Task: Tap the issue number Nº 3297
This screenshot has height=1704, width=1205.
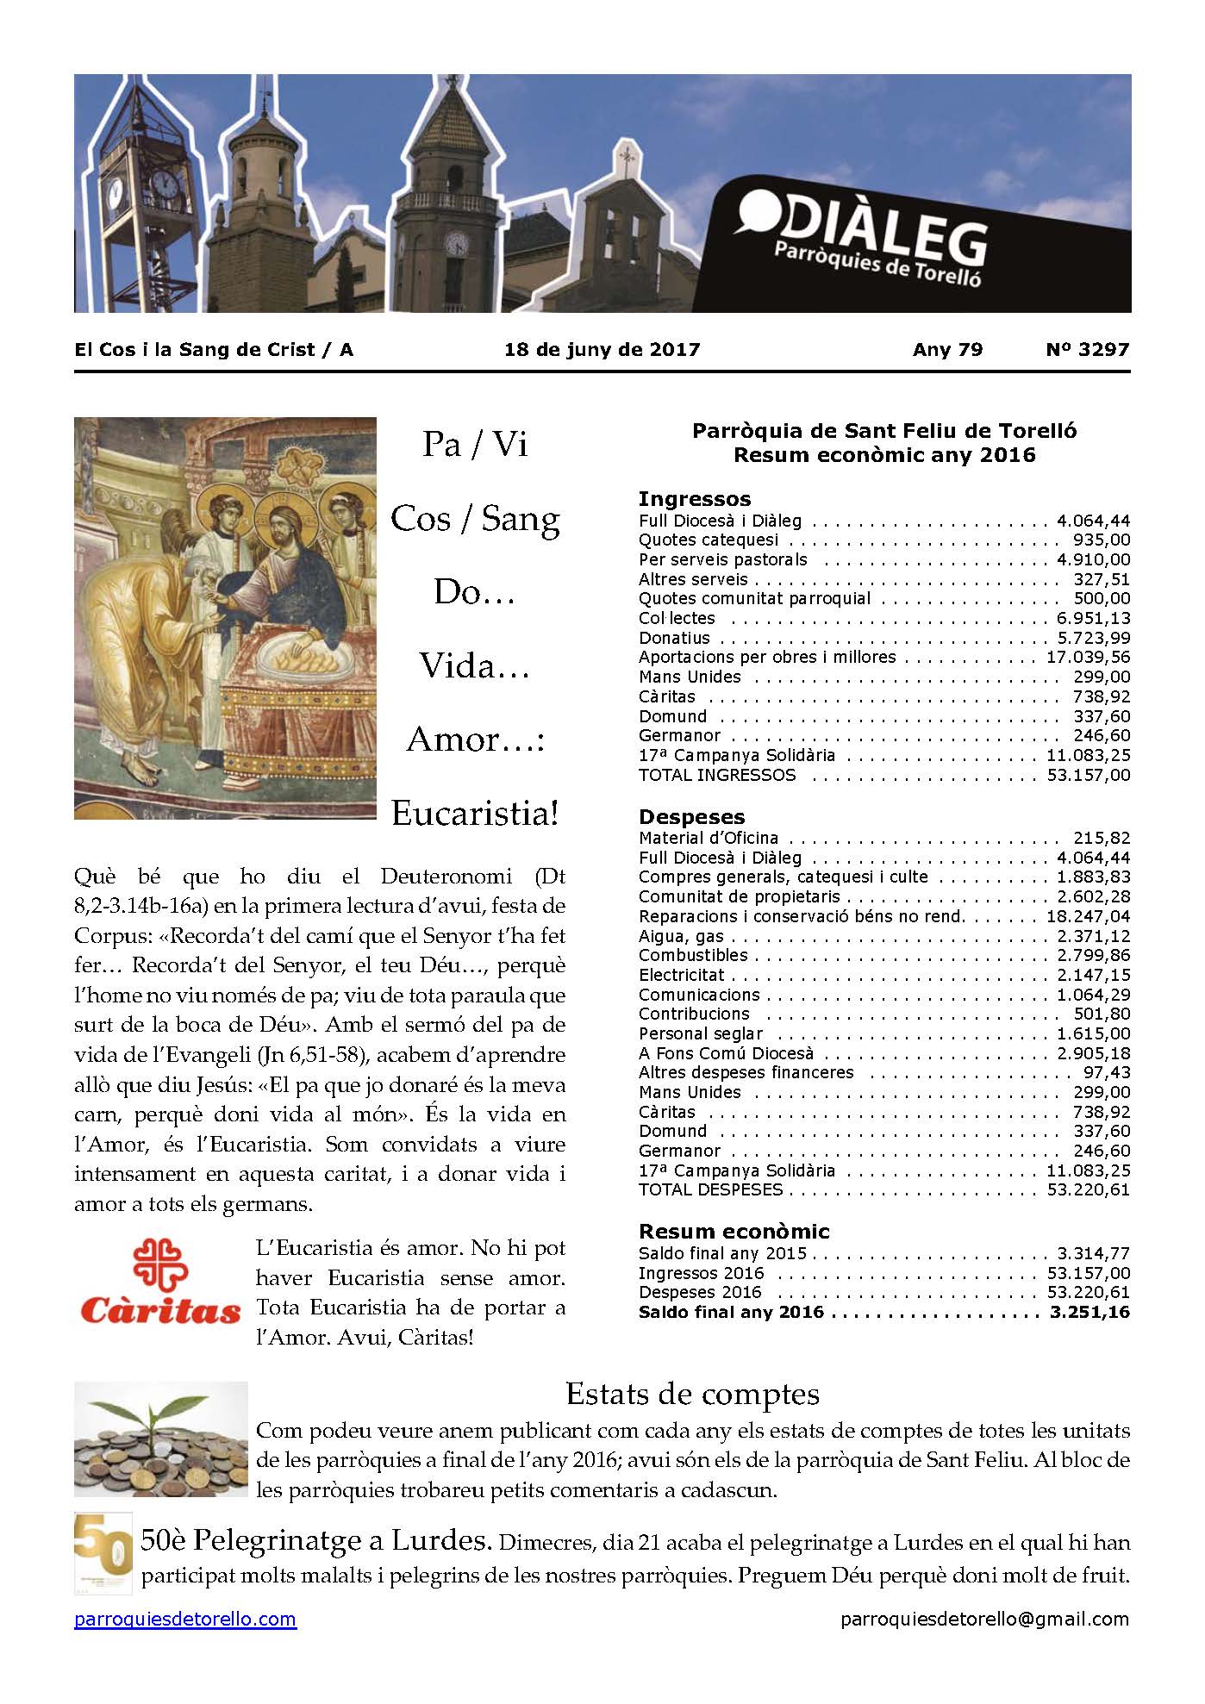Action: click(x=1086, y=350)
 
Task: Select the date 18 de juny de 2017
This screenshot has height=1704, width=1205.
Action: click(x=602, y=350)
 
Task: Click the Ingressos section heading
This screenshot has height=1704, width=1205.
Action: click(x=694, y=499)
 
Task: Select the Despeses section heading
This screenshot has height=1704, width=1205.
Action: click(x=691, y=816)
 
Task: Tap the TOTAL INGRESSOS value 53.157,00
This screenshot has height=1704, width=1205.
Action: click(x=1088, y=775)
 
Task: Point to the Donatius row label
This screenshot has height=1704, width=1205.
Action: click(x=674, y=638)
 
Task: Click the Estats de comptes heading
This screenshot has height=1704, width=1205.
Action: click(x=692, y=1394)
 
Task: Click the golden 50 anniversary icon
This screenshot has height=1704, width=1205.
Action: click(x=103, y=1552)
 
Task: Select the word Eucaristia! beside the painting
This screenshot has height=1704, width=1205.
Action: click(x=475, y=813)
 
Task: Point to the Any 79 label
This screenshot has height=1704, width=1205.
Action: click(x=946, y=350)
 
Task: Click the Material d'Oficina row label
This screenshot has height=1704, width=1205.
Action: click(x=708, y=838)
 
